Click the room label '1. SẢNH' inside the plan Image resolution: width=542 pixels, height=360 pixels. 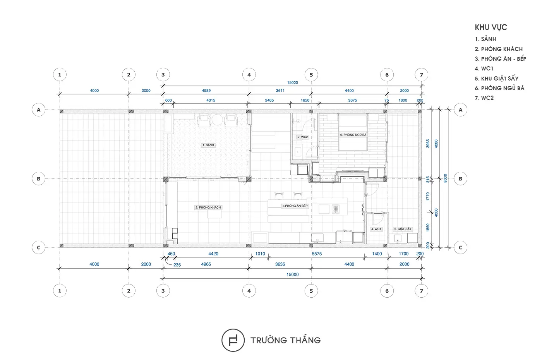208,145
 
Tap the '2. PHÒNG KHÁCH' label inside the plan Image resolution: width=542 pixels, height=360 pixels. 208,207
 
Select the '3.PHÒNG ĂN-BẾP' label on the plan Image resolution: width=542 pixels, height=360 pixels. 295,206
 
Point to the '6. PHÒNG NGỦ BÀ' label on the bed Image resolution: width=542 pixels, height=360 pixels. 353,135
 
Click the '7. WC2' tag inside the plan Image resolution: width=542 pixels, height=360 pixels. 303,137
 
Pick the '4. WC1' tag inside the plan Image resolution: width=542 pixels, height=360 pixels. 376,229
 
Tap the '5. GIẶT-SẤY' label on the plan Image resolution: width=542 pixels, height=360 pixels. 403,229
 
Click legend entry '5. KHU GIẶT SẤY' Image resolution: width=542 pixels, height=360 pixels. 496,78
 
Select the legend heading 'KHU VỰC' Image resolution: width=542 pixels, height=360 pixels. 491,27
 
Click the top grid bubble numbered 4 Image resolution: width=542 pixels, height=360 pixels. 249,75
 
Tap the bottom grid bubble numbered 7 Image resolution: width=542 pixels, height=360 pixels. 422,291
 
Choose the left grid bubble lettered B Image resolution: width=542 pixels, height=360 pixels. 38,179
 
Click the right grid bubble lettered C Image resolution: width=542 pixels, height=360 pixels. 460,247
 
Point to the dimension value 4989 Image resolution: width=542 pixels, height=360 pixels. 206,91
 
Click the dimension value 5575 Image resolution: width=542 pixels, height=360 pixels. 317,254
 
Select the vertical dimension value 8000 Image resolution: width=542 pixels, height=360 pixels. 446,178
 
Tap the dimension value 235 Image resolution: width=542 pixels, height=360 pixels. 177,265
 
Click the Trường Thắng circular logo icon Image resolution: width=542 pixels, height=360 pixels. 233,340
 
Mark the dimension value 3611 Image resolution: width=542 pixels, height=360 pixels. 280,91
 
